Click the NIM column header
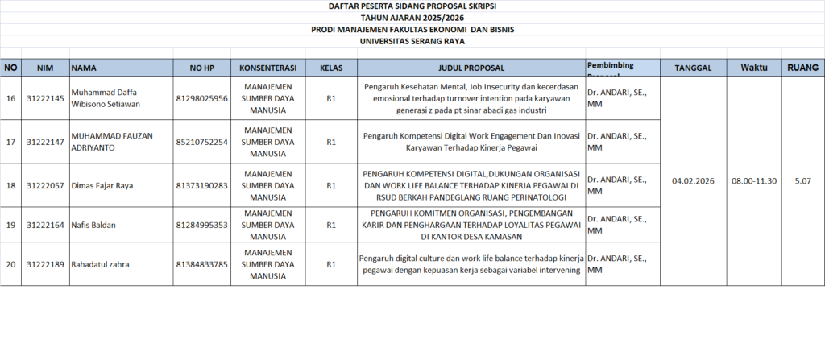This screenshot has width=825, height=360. tap(45, 68)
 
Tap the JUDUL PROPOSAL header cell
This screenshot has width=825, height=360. tap(472, 68)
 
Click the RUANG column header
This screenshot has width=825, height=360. tap(802, 68)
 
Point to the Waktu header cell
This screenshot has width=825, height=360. tap(753, 68)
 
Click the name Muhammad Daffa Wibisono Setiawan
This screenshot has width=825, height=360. tap(106, 98)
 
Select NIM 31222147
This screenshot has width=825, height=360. tap(45, 142)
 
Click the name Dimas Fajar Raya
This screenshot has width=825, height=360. tap(102, 185)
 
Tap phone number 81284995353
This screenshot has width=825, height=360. tap(201, 225)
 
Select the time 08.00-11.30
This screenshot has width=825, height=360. tap(753, 180)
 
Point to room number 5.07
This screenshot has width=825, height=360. tap(802, 180)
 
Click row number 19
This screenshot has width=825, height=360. tap(11, 225)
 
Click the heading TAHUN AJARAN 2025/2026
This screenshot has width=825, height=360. tap(412, 17)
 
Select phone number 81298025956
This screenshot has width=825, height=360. tap(201, 98)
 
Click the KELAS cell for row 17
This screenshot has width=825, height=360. tap(331, 142)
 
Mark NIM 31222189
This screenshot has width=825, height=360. tap(45, 264)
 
